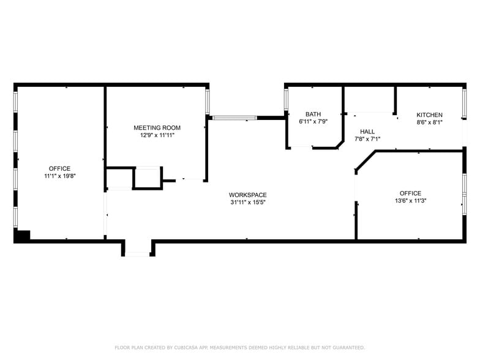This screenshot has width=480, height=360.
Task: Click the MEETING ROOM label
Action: click(x=157, y=128)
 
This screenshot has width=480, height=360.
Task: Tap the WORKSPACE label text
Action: click(x=248, y=195)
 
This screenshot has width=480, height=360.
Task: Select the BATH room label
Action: click(x=313, y=114)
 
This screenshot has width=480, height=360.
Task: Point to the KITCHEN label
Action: click(x=429, y=115)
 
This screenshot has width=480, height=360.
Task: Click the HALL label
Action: click(x=367, y=132)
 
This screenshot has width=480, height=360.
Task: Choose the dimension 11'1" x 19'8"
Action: click(x=59, y=176)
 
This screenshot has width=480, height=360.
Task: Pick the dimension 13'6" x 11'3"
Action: click(x=410, y=200)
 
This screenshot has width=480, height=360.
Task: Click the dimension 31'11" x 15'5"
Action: click(x=248, y=202)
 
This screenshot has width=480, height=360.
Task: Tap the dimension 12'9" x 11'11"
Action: click(x=157, y=135)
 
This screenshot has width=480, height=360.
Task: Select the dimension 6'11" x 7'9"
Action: click(x=313, y=121)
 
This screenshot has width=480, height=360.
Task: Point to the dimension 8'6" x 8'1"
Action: click(x=429, y=122)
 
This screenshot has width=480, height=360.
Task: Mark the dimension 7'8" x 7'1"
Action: click(x=367, y=139)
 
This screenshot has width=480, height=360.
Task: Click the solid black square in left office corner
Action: click(x=23, y=235)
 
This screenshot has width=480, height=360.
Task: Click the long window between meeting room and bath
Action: click(x=234, y=118)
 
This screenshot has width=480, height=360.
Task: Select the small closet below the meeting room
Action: click(x=147, y=178)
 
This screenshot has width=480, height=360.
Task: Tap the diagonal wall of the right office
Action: click(x=365, y=161)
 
